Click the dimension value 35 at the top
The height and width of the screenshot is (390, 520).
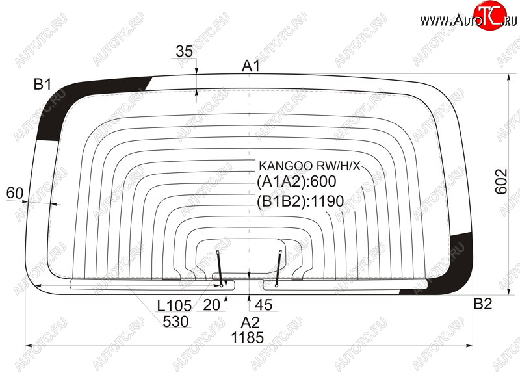tap(185, 51)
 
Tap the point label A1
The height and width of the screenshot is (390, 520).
tap(251, 66)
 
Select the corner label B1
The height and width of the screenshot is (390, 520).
tap(42, 84)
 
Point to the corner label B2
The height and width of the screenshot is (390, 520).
tap(483, 304)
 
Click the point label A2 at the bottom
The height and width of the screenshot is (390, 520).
tap(250, 322)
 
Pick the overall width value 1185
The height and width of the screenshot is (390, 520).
tap(248, 338)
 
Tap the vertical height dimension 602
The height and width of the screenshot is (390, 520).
tap(501, 181)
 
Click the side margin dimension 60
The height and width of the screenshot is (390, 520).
tap(15, 193)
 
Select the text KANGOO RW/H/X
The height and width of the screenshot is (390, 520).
tap(309, 166)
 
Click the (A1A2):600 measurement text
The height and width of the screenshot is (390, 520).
tap(296, 182)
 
